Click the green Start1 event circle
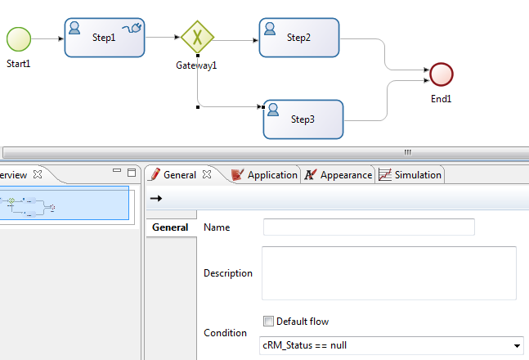click(x=18, y=38)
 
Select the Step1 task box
click(x=104, y=38)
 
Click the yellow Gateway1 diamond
click(x=197, y=37)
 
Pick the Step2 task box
click(x=298, y=38)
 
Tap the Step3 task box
click(x=303, y=119)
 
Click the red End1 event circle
click(x=441, y=74)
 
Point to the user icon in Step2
click(x=270, y=29)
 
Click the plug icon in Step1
click(x=132, y=29)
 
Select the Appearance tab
click(x=338, y=174)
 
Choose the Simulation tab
click(x=410, y=174)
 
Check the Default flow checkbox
click(x=268, y=322)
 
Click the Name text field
click(x=368, y=227)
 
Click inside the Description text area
click(x=388, y=272)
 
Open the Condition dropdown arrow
click(x=517, y=346)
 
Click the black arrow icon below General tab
click(x=155, y=198)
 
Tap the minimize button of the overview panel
click(x=118, y=172)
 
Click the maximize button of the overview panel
click(x=132, y=172)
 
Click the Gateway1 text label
click(x=197, y=65)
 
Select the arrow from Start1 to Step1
click(x=47, y=38)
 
